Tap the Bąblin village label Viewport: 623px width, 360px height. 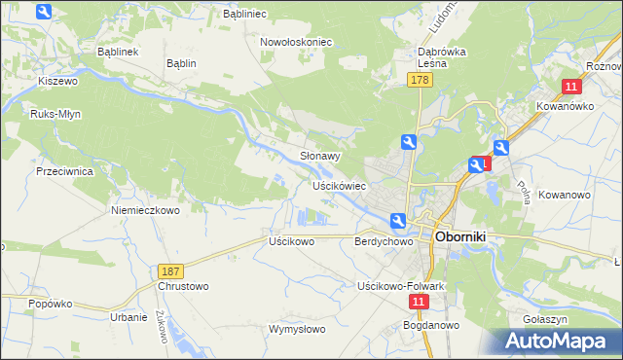point(181,63)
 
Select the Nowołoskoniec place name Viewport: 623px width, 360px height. point(296,43)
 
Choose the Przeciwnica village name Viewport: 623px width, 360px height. point(63,170)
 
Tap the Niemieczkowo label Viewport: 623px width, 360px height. point(146,210)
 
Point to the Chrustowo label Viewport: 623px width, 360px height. point(183,287)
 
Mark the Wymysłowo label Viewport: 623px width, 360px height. point(296,329)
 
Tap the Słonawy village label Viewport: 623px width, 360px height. point(319,156)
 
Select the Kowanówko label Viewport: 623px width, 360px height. point(562,106)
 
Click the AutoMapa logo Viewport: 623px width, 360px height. point(556,341)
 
